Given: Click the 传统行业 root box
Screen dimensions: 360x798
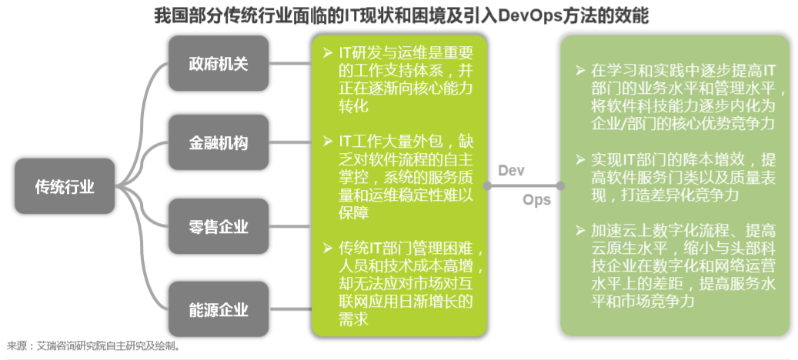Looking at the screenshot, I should click(x=65, y=186).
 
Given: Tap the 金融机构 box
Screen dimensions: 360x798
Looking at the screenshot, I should click(x=219, y=144).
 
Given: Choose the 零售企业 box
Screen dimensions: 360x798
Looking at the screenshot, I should click(x=219, y=226).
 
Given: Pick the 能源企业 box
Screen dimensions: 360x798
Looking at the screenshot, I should click(x=219, y=310).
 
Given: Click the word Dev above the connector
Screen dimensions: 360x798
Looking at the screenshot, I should click(x=511, y=170).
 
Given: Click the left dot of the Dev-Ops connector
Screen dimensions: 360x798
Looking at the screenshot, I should click(x=486, y=186).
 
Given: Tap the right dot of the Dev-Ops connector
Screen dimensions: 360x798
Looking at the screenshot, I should click(x=560, y=186).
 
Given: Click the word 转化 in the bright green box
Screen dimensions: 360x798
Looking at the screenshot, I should click(x=354, y=108).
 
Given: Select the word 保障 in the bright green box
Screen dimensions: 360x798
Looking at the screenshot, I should click(x=354, y=213).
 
